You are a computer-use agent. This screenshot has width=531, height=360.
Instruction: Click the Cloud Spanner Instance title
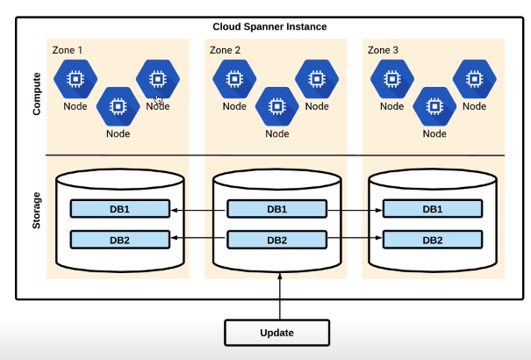(x=269, y=26)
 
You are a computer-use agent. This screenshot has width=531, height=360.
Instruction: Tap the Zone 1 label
(x=67, y=50)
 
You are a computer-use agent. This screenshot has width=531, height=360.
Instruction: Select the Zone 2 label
(x=225, y=50)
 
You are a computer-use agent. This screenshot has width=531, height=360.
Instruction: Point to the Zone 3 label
(x=383, y=50)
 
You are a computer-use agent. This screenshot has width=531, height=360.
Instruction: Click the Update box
(x=277, y=333)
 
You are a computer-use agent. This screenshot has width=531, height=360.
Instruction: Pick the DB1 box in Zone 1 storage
(x=120, y=209)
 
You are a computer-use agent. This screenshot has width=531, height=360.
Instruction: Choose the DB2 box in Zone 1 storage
(x=120, y=240)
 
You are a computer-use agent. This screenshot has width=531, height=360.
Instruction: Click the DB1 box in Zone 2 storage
(x=277, y=209)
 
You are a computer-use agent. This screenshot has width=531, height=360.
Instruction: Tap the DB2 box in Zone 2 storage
(x=277, y=240)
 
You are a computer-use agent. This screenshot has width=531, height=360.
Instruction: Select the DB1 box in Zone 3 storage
(x=433, y=209)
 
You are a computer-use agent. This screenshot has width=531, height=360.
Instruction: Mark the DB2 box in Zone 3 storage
(x=433, y=240)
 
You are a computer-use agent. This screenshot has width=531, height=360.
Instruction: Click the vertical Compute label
(x=37, y=94)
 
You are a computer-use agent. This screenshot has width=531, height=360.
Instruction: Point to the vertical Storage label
(x=36, y=211)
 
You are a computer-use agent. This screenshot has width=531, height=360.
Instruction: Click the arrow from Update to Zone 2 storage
(x=280, y=296)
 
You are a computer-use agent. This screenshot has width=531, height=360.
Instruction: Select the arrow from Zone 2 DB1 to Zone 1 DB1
(x=198, y=211)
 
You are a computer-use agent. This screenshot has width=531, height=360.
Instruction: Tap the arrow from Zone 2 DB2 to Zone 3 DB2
(x=355, y=238)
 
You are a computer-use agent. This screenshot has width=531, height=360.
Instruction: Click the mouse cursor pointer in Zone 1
(x=159, y=99)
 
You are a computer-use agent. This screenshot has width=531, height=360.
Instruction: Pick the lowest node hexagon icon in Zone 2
(x=277, y=106)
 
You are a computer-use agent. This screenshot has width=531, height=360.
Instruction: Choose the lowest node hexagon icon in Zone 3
(x=434, y=106)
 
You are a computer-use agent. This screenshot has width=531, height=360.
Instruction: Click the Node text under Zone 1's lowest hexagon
(x=118, y=133)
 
